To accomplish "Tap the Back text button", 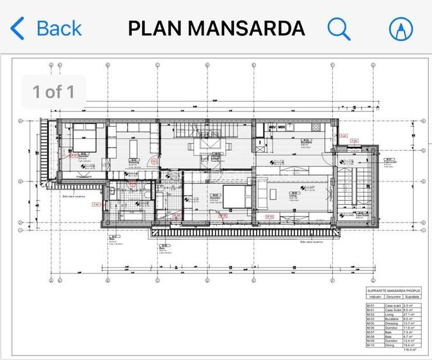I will [59, 28].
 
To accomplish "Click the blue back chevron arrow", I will [18, 29].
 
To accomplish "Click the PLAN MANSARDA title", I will [216, 29].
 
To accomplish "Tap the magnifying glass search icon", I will [339, 28].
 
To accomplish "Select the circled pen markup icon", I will [401, 29].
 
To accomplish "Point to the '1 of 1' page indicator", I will [54, 91].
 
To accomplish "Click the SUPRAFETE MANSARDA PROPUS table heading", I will [392, 290].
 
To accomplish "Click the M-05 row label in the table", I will [371, 323].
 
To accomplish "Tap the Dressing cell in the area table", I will [392, 323].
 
